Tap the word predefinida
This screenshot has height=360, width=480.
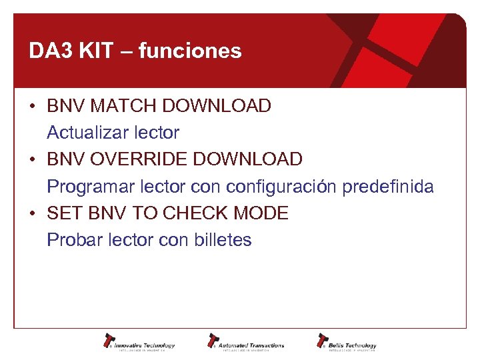point(388,187)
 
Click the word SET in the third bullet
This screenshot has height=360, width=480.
point(63,213)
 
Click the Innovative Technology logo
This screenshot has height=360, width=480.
point(139,342)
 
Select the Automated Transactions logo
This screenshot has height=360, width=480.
point(246,342)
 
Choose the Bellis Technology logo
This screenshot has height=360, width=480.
point(347,342)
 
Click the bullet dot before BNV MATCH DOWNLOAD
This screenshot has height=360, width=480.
point(32,107)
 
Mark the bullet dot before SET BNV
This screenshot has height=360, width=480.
point(32,214)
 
